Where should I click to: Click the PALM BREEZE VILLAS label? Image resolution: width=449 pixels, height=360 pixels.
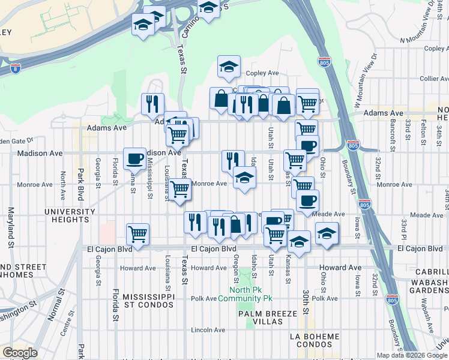tap(260, 317)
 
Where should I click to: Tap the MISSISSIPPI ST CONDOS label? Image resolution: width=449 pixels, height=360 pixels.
tap(148, 301)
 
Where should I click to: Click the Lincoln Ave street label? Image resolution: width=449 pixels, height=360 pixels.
tap(207, 330)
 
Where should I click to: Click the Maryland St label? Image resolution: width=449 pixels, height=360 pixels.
tap(10, 227)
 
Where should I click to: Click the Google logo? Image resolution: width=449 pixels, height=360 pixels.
tap(20, 353)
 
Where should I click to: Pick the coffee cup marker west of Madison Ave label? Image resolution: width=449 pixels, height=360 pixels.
tap(134, 158)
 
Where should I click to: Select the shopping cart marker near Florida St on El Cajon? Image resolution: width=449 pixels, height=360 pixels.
tap(138, 233)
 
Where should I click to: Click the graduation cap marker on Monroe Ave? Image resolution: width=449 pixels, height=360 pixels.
tap(244, 177)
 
